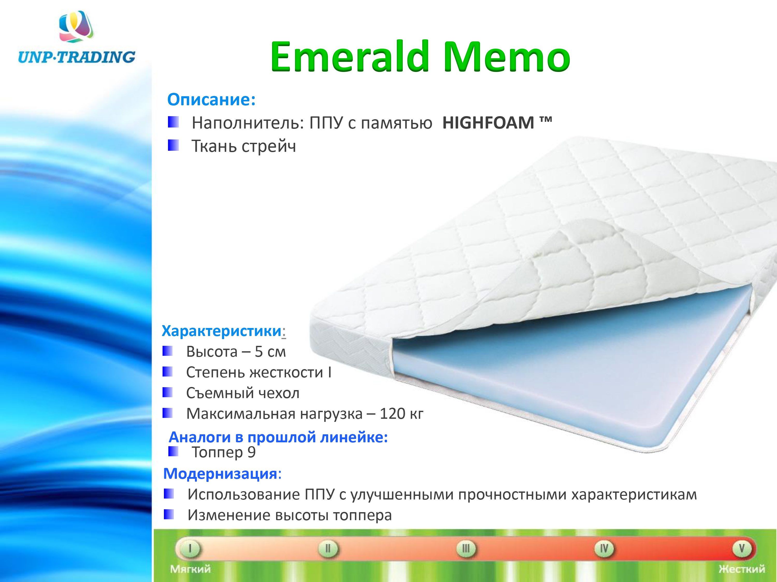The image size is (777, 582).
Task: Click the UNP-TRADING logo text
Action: (x=77, y=57)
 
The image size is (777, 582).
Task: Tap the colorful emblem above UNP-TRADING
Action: (x=76, y=26)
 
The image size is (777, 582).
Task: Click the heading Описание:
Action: (x=211, y=100)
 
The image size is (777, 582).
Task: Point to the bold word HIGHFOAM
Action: (x=488, y=123)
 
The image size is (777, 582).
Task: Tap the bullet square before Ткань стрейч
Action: (x=173, y=145)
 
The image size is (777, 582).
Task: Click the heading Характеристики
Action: (x=222, y=331)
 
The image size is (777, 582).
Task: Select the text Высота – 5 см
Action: (x=236, y=352)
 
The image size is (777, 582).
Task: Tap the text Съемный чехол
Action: (x=243, y=393)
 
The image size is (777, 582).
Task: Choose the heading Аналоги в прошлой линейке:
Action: (x=278, y=437)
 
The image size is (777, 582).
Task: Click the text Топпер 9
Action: (x=224, y=452)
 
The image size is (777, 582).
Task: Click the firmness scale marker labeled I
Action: (x=190, y=548)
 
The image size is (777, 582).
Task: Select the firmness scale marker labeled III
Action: (x=466, y=548)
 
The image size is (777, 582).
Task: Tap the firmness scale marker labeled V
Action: (x=742, y=548)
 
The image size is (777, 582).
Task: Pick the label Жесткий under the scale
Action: (x=742, y=569)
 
